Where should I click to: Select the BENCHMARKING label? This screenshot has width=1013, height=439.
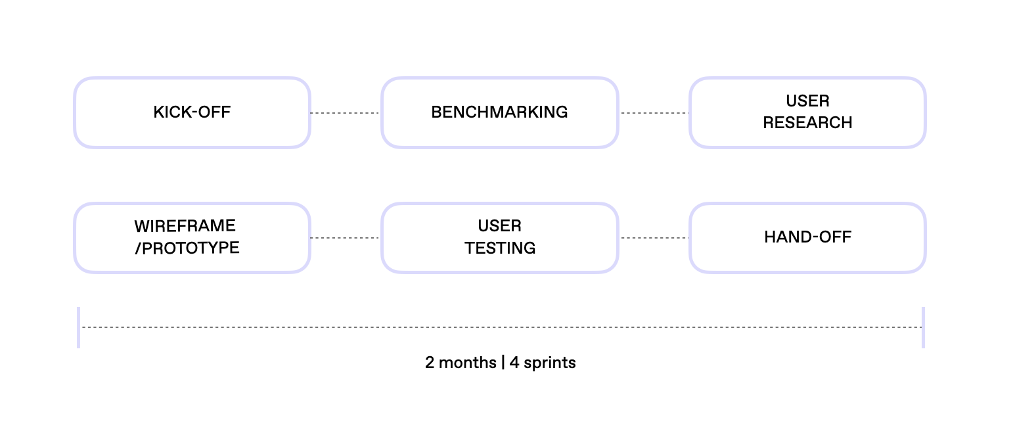[x=499, y=112]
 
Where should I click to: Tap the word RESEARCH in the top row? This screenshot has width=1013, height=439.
[x=807, y=123]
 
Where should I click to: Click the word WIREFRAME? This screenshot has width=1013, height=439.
[x=185, y=226]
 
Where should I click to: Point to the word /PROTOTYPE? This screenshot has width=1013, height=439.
[x=187, y=248]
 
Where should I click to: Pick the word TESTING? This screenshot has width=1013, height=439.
[x=500, y=248]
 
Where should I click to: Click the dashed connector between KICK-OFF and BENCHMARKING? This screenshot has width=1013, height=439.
[x=346, y=112]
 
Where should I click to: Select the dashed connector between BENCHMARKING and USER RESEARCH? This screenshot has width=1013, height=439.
[x=654, y=112]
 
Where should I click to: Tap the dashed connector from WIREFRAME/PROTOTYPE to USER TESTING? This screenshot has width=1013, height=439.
[x=346, y=238]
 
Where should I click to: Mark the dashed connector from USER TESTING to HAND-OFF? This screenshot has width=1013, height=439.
[x=654, y=238]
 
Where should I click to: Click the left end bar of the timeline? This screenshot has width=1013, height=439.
[x=79, y=328]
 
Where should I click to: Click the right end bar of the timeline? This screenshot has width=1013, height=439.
[x=923, y=328]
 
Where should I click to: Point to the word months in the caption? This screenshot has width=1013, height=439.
[x=468, y=363]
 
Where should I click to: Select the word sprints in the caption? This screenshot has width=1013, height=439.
[x=549, y=363]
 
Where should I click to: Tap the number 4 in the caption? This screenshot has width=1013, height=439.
[x=514, y=363]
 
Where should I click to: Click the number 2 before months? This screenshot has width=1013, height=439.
[x=430, y=363]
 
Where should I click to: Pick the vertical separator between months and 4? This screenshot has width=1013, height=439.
[x=503, y=363]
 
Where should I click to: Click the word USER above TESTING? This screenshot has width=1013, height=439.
[x=500, y=226]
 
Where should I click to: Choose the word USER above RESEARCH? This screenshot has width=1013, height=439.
[x=807, y=101]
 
